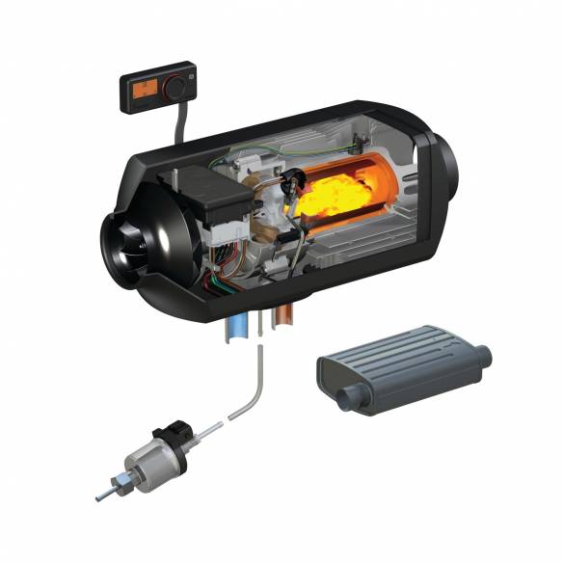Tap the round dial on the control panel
174,89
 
